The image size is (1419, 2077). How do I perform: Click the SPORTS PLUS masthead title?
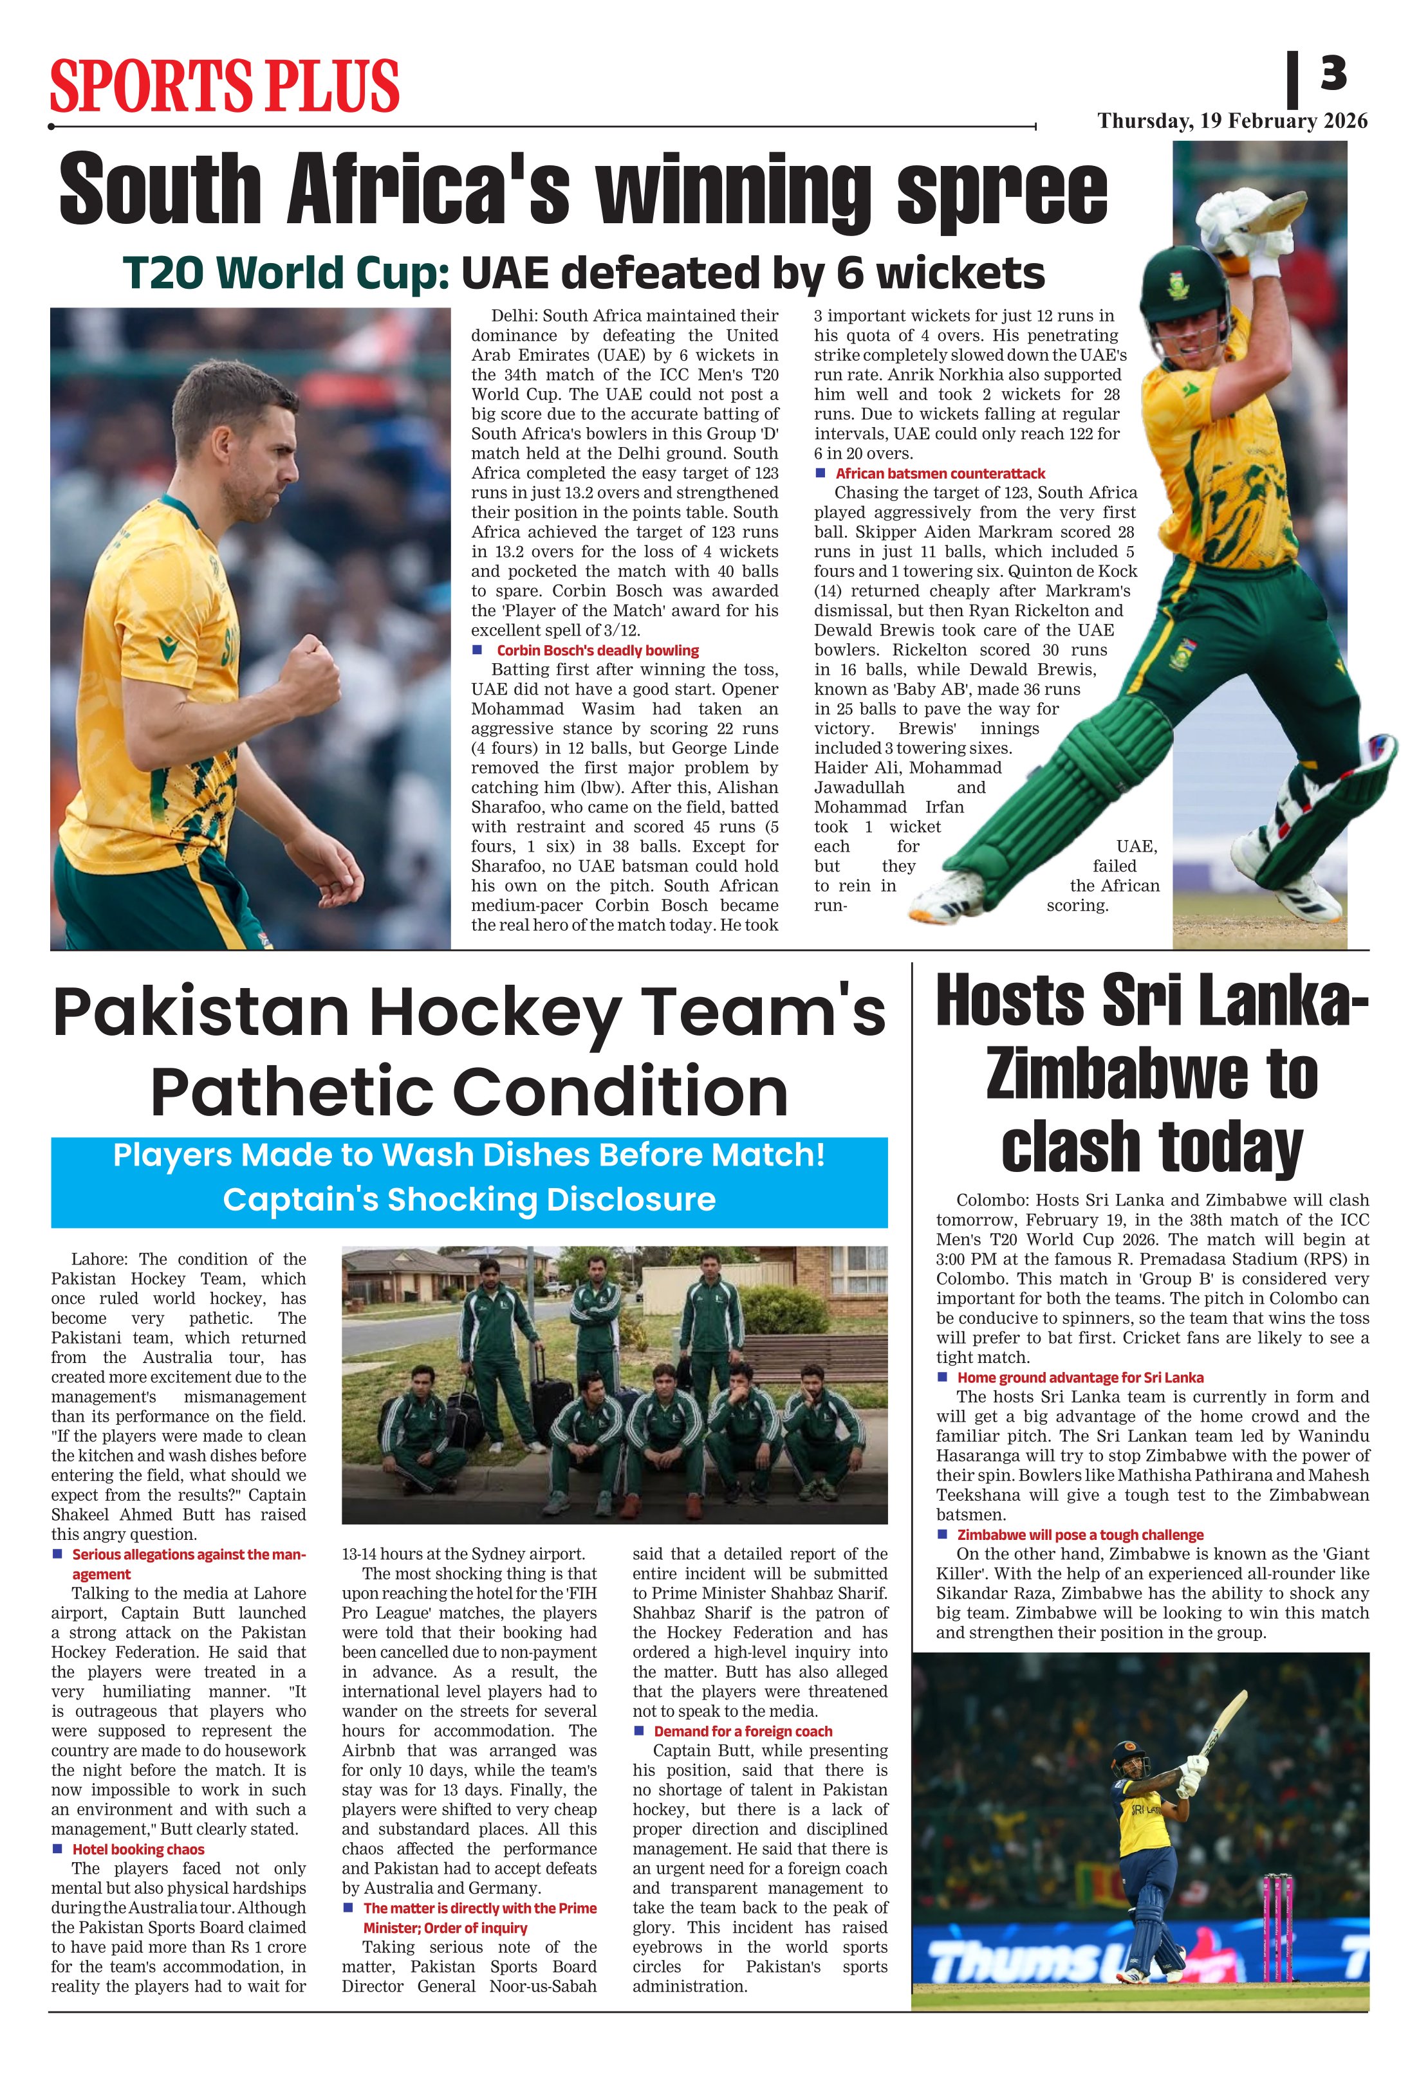225,86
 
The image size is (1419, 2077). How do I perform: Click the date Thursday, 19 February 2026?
1232,122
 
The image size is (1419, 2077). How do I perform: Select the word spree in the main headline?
1003,190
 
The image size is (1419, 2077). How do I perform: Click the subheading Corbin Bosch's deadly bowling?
597,650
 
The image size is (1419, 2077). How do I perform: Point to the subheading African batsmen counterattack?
940,473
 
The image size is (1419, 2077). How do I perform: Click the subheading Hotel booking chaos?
138,1849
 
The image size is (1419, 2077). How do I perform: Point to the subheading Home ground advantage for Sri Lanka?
1080,1377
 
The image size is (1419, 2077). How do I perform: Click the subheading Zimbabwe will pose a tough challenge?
1080,1535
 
